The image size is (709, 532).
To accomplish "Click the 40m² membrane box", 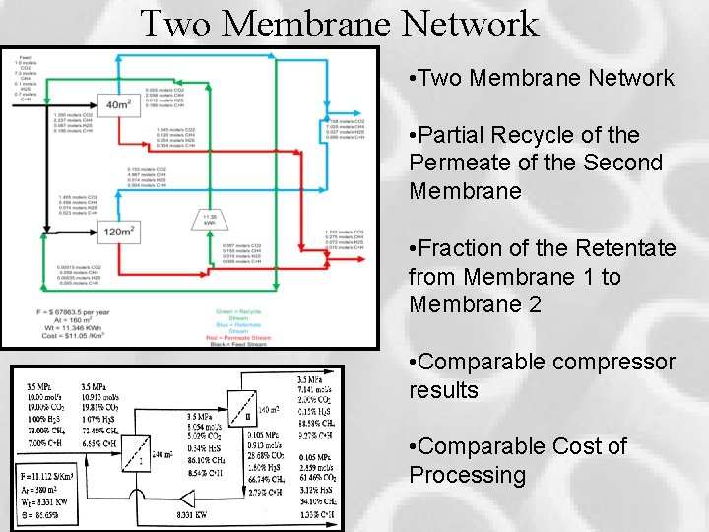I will click(x=118, y=104).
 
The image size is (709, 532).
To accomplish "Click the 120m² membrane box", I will click(x=118, y=232).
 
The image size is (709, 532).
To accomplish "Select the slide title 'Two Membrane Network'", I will click(x=340, y=23).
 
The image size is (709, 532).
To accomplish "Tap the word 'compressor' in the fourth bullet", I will click(x=612, y=362).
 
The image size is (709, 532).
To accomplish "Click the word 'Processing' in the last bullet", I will click(x=468, y=475).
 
